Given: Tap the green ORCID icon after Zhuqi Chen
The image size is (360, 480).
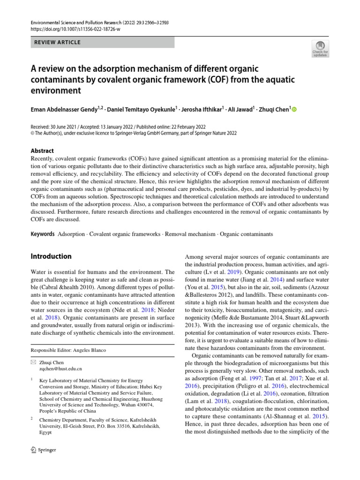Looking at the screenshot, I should tap(294, 110).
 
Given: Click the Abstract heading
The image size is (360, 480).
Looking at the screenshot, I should tap(42, 151).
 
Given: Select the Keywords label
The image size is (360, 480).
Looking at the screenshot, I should tap(42, 233).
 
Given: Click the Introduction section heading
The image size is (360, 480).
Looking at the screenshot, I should tap(51, 256).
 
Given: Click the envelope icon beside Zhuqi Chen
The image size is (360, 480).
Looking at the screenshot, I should tap(33, 362).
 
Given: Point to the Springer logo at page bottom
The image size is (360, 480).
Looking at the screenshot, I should tap(43, 450).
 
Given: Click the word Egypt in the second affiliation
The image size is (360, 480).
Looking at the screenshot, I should tap(46, 434).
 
